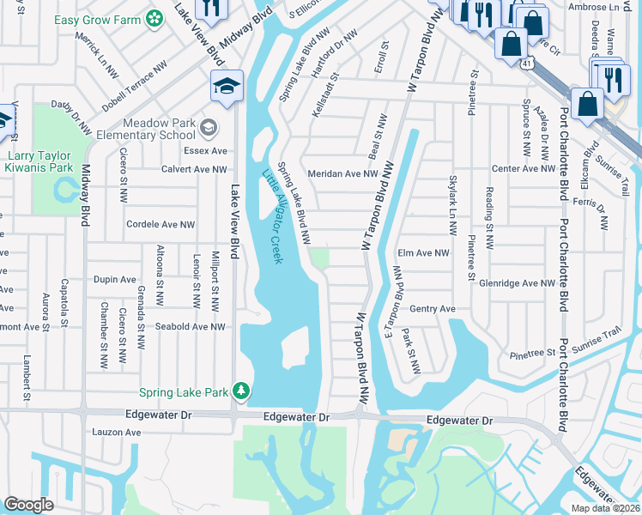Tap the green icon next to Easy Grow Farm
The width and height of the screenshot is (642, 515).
pyautogui.click(x=154, y=18)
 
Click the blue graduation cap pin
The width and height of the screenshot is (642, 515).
pyautogui.click(x=227, y=86)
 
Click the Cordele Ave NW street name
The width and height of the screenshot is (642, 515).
pyautogui.click(x=160, y=225)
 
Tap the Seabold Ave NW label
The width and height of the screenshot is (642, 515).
pyautogui.click(x=190, y=326)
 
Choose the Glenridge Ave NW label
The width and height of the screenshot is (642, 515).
pyautogui.click(x=518, y=282)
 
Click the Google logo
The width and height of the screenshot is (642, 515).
pyautogui.click(x=29, y=505)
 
